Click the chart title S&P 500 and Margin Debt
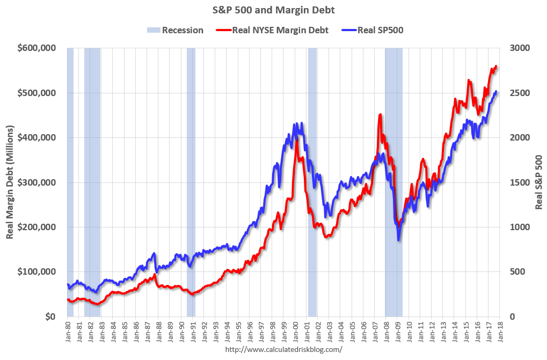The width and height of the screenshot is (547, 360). coord(274,9)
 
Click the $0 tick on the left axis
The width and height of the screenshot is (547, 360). coord(49,317)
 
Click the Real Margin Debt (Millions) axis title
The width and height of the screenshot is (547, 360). coord(10,182)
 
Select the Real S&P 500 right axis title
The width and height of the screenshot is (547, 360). coord(539,182)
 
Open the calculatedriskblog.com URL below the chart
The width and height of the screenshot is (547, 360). coord(283,349)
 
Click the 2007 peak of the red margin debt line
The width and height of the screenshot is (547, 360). coord(380,114)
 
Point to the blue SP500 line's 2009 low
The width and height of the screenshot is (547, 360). coord(398,240)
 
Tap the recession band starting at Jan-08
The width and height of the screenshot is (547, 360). coord(393,182)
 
